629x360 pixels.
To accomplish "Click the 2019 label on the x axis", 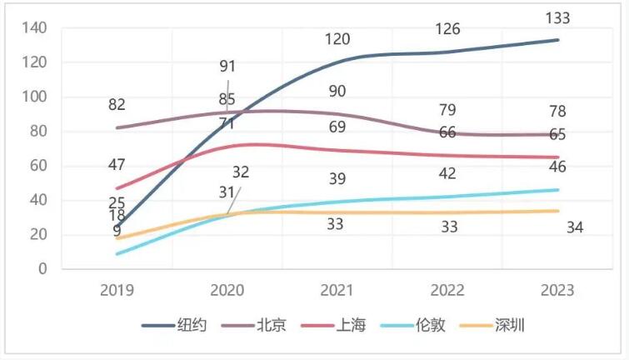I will click(117, 291).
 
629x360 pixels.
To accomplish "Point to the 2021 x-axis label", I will click(337, 291).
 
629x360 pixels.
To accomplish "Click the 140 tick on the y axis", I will click(35, 28).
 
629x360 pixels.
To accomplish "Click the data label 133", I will click(558, 17).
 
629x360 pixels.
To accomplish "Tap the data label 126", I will click(448, 30).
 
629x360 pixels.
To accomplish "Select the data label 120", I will click(337, 39).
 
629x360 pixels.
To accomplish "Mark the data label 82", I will click(117, 105).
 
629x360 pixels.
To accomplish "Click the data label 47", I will click(117, 165).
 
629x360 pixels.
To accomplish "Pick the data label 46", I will click(558, 167).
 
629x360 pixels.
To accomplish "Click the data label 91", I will click(227, 66).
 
